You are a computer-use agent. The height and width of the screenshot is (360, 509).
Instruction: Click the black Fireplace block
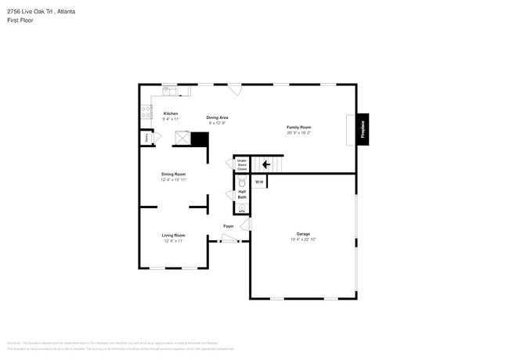(x=363, y=129)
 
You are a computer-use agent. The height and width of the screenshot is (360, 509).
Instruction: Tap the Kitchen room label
(x=171, y=113)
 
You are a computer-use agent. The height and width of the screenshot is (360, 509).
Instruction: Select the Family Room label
(x=299, y=127)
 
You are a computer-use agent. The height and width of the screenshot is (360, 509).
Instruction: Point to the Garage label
(x=303, y=234)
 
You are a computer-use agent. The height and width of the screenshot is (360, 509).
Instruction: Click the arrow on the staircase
(x=265, y=164)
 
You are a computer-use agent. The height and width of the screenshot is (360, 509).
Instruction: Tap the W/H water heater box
(x=259, y=182)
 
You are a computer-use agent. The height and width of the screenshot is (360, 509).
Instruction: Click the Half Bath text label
(x=242, y=194)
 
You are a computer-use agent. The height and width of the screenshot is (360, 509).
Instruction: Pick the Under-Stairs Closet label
(x=242, y=164)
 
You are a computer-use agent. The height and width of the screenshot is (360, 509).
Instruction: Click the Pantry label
(x=146, y=138)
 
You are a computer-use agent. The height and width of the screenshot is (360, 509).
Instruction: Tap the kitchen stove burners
(x=146, y=113)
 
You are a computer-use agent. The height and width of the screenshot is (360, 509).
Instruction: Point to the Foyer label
(x=229, y=226)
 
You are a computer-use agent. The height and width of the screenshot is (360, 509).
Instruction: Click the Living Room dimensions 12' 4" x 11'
(x=173, y=241)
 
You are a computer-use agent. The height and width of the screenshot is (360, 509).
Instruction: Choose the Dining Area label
(x=217, y=117)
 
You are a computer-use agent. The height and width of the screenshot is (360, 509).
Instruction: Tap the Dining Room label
(x=173, y=174)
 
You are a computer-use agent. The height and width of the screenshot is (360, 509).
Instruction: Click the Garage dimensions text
(x=303, y=239)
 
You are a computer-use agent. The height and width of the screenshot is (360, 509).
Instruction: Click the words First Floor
(x=19, y=21)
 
